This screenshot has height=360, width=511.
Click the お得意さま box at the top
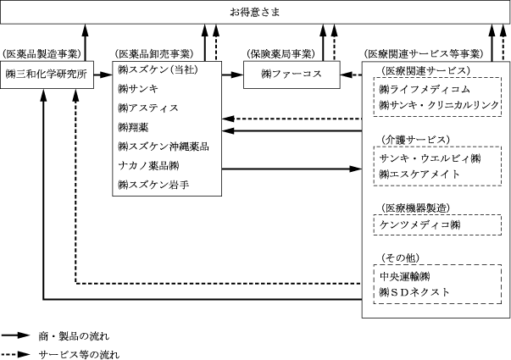(x=255, y=12)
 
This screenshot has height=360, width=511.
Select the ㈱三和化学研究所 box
(x=47, y=75)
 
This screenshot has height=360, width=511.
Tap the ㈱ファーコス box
(x=292, y=75)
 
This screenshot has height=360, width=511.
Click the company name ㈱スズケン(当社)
(x=158, y=69)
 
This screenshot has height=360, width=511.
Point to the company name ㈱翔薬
(x=133, y=127)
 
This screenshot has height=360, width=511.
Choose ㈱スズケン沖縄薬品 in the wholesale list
(x=164, y=147)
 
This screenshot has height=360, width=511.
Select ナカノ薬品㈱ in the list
(x=148, y=165)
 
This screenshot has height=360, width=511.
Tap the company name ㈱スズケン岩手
(x=153, y=185)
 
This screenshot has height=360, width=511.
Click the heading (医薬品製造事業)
(x=42, y=53)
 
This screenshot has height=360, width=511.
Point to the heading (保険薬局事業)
(x=280, y=53)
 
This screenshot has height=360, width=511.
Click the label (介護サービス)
(x=415, y=140)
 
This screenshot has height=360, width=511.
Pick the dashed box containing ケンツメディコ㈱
(x=437, y=224)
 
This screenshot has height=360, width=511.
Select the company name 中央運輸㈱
(x=405, y=277)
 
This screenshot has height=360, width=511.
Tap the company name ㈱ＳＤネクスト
(x=414, y=292)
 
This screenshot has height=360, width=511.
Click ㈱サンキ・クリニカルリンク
(x=439, y=104)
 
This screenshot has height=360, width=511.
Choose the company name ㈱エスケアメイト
(x=419, y=174)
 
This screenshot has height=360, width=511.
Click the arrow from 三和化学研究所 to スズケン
(x=103, y=75)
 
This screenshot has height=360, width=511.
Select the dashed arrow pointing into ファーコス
(x=351, y=75)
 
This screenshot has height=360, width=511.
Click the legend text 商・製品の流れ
(x=74, y=336)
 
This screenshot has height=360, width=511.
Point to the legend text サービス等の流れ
(x=79, y=354)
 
